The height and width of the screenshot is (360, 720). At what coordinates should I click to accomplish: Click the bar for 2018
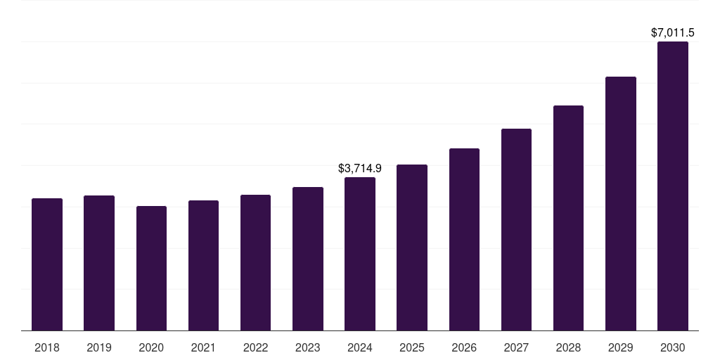coord(47,264)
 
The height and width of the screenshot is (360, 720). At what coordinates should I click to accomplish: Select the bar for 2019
coord(99,263)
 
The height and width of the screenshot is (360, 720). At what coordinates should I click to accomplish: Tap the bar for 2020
coord(151,268)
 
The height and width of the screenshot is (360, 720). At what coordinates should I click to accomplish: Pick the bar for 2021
coord(203,265)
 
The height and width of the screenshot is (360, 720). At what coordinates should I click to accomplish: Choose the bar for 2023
coord(308,259)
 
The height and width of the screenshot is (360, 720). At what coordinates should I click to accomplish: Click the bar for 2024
coord(360,254)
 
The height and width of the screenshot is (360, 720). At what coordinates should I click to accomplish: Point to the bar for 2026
coord(464,239)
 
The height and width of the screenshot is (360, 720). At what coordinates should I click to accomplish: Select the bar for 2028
coord(568,218)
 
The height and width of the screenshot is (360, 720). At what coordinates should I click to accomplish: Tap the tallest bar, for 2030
coord(673,186)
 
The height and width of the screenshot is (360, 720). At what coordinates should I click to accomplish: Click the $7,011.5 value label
coord(673,32)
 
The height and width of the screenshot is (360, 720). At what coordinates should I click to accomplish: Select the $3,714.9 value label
coord(360,168)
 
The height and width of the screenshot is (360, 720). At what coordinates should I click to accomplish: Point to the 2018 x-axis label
coord(47,347)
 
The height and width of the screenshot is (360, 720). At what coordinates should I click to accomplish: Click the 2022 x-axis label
coord(255,347)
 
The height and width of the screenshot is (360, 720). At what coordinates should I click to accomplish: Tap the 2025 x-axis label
coord(412,347)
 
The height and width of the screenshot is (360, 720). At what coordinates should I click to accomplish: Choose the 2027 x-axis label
coord(516,347)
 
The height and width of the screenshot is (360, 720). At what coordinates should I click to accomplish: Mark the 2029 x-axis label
coord(620,347)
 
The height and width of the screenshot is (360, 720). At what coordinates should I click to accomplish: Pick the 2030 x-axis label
coord(673,347)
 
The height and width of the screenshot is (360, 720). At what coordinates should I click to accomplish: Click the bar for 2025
coord(412,247)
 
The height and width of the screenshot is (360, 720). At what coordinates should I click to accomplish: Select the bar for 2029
coord(620,203)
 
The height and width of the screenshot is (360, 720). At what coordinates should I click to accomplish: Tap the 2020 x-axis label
coord(151,347)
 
